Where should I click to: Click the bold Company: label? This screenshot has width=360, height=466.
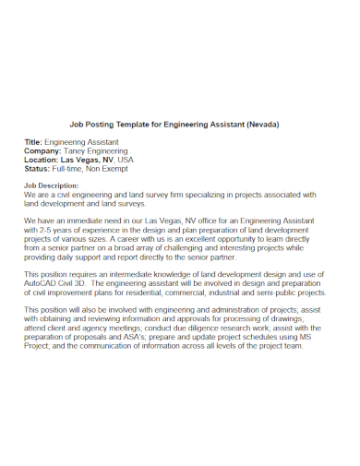click(x=44, y=150)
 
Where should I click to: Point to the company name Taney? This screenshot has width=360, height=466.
click(x=78, y=150)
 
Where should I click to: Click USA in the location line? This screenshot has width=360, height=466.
click(x=126, y=160)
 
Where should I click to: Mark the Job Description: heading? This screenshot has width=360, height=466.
click(x=56, y=186)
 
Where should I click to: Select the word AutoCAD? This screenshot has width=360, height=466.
click(x=42, y=285)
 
